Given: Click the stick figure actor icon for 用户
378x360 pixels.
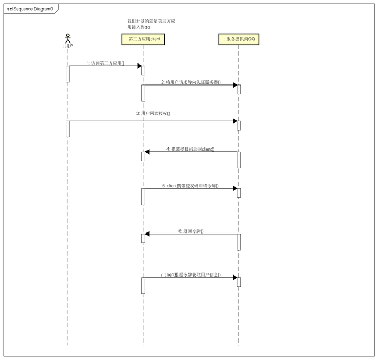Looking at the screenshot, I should coord(67,38).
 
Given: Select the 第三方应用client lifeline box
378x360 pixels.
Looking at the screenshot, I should coord(143,39).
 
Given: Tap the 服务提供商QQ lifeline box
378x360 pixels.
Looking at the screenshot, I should coord(239,39).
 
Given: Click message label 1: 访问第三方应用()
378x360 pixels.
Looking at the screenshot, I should coord(106,63).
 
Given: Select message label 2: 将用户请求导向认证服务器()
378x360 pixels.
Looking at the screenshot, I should coord(191,82).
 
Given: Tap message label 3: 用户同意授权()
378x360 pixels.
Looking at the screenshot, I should coord(153,114).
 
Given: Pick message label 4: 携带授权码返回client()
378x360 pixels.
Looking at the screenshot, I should coord(190,149).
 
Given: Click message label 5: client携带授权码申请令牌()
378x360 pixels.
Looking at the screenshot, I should coord(191,186).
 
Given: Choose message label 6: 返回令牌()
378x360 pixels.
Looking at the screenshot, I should coord(191,231).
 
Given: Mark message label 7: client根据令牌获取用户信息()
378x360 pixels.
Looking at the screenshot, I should coord(191,274).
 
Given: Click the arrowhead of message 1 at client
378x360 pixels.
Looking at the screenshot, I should coord(139,66).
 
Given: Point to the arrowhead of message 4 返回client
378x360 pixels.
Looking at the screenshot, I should coord(148,152).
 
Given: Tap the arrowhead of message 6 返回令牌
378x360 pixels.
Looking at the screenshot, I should coord(148,234).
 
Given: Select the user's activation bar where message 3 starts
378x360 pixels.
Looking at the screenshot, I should coord(68,129).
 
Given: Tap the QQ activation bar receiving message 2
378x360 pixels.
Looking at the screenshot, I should coord(239,89).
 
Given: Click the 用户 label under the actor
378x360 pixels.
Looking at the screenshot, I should coord(68,46).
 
